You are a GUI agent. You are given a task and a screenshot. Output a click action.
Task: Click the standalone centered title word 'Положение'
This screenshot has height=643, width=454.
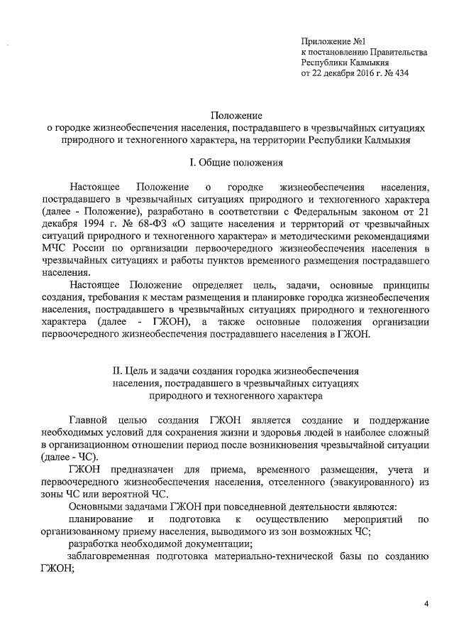click(237, 114)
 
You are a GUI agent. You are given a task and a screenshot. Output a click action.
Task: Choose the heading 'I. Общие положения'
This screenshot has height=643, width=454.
click(236, 163)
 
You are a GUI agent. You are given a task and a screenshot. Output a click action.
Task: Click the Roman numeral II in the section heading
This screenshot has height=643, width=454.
click(118, 370)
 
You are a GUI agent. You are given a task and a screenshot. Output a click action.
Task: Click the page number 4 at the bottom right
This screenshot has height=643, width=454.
click(426, 604)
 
